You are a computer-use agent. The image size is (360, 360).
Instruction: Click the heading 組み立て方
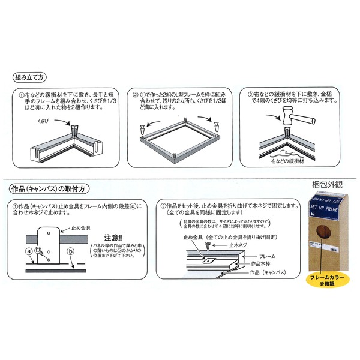[x=31, y=78]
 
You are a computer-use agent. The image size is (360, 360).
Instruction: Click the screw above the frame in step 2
[x=208, y=245]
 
